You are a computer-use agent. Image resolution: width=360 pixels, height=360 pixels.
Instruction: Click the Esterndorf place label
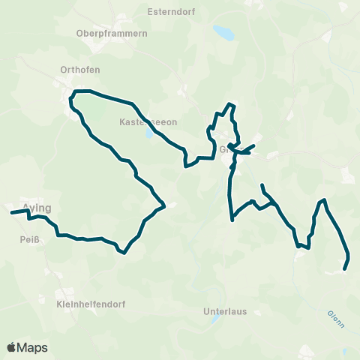tap(170, 12)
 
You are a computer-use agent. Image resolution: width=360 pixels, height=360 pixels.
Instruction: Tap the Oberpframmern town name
tap(112, 33)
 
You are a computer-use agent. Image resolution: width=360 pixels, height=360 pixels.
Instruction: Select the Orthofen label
tap(80, 70)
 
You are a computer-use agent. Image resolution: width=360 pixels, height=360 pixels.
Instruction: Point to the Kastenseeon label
tap(146, 121)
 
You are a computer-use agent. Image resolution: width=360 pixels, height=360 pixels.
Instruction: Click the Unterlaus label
tap(225, 310)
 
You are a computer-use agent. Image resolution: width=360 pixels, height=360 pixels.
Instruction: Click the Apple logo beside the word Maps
tap(11, 348)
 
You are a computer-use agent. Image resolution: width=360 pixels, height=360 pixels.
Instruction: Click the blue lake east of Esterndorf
tap(223, 32)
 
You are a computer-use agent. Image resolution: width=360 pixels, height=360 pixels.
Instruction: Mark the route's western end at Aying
tap(11, 213)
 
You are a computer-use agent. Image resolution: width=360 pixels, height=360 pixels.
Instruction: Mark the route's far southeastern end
tap(344, 268)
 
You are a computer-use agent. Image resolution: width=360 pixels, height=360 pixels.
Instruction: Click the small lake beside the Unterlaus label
tap(215, 319)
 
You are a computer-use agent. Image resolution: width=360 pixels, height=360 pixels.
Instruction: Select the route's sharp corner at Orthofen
tap(73, 93)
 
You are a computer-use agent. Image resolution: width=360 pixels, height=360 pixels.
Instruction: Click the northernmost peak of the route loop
tap(232, 103)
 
